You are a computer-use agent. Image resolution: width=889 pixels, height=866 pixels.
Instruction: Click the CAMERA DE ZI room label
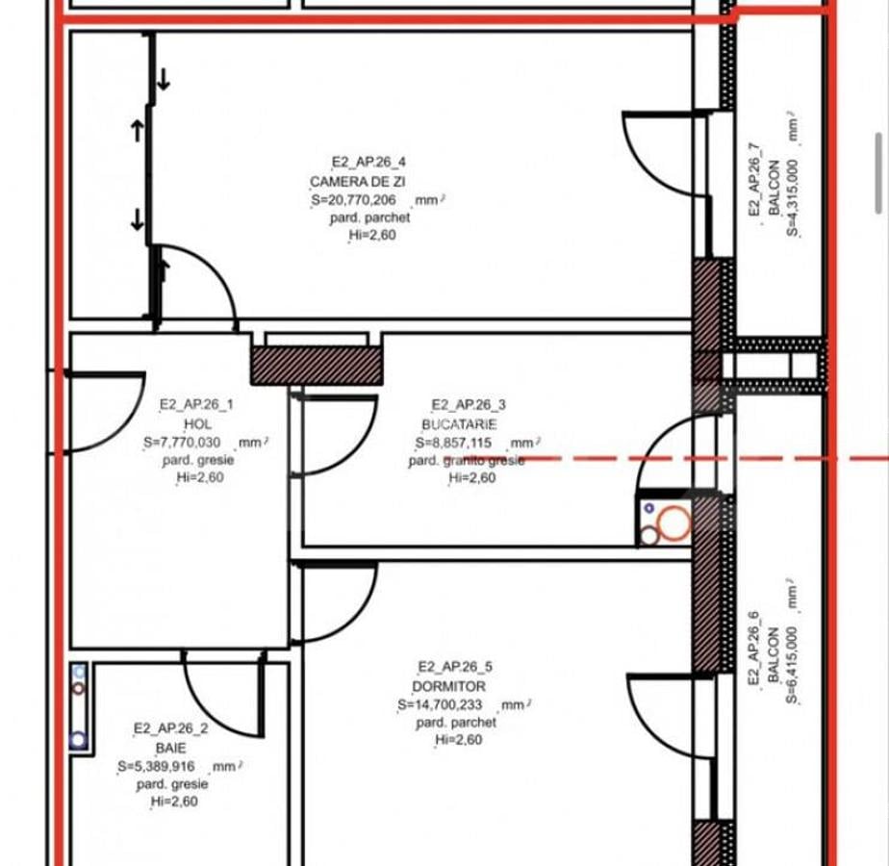357,182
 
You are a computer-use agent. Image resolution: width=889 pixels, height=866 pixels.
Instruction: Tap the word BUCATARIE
459,424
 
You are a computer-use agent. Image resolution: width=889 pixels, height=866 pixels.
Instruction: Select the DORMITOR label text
448,686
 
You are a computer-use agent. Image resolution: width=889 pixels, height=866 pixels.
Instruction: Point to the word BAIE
170,748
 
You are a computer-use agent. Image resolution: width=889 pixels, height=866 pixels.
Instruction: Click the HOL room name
198,423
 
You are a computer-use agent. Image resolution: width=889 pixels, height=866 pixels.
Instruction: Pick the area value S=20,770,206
353,199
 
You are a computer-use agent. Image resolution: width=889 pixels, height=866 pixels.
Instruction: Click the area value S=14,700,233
440,704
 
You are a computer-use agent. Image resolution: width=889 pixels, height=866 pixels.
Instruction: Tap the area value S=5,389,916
156,766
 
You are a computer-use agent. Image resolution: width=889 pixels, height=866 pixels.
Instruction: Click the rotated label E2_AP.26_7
754,179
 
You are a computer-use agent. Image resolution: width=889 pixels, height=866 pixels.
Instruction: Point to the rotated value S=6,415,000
792,665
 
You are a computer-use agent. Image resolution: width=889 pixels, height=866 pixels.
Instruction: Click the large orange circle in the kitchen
674,522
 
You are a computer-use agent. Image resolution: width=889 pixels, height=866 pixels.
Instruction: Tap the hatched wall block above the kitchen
317,366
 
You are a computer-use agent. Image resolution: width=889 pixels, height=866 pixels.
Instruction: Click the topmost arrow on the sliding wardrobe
164,79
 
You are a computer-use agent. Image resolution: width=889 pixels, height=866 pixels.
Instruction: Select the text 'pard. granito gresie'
467,461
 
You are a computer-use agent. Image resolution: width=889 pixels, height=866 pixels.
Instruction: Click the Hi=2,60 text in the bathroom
174,802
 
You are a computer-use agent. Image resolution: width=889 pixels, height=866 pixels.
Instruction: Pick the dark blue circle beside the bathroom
78,740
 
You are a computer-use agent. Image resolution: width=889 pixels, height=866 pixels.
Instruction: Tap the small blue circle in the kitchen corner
649,509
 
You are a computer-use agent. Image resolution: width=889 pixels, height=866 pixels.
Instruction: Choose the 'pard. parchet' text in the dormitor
456,723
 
